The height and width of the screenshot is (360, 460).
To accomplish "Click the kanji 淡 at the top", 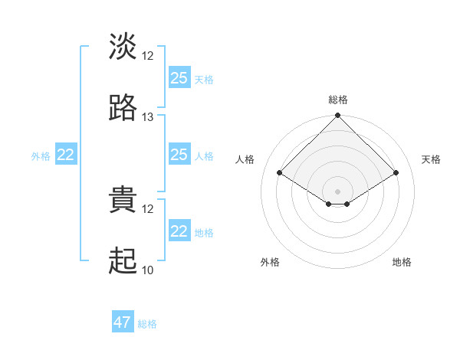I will (x=123, y=47).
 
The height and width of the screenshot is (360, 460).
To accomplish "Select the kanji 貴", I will (x=123, y=201).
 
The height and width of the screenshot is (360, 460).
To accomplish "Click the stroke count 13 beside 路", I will (x=148, y=117).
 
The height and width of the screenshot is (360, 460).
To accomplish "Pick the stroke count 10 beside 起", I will (x=148, y=270).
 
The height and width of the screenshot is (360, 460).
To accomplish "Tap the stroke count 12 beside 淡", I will (x=148, y=56).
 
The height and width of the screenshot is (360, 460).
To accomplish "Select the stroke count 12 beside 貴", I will (x=148, y=208).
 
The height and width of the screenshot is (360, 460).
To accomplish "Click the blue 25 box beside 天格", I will (x=179, y=78).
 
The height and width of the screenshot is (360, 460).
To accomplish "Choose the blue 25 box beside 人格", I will (x=179, y=155).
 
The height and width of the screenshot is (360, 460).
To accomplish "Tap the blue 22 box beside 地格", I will (x=179, y=231).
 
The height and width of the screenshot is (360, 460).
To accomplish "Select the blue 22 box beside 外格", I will (x=66, y=155).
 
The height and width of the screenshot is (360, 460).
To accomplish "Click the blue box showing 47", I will (x=123, y=322).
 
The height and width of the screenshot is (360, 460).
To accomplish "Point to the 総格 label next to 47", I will (x=147, y=324).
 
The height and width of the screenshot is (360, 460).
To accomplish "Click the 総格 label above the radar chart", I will (x=338, y=100).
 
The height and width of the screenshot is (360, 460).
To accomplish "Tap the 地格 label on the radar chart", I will (x=402, y=262).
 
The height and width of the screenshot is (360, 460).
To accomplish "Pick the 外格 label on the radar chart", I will (x=270, y=262).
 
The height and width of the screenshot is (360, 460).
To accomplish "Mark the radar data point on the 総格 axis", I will (x=338, y=116).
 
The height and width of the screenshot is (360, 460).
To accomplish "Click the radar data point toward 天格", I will (x=396, y=173).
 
